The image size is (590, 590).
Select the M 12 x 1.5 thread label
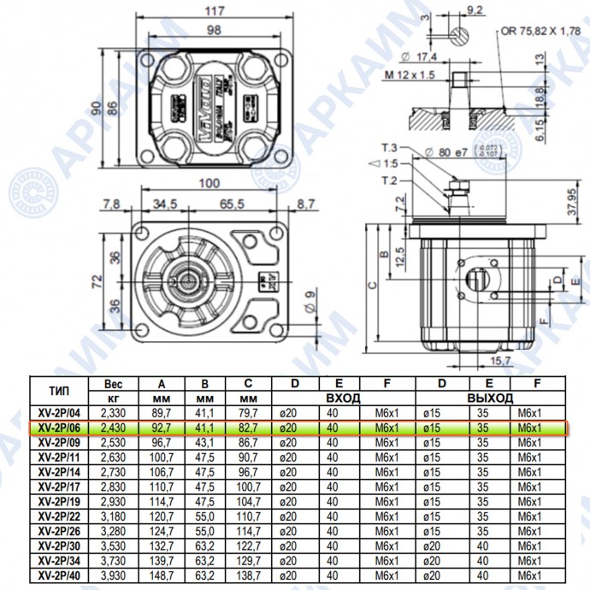408,75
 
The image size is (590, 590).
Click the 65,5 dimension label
232,204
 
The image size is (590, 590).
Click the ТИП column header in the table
60,391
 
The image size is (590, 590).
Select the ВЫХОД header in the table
490,398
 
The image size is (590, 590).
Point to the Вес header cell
119,384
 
